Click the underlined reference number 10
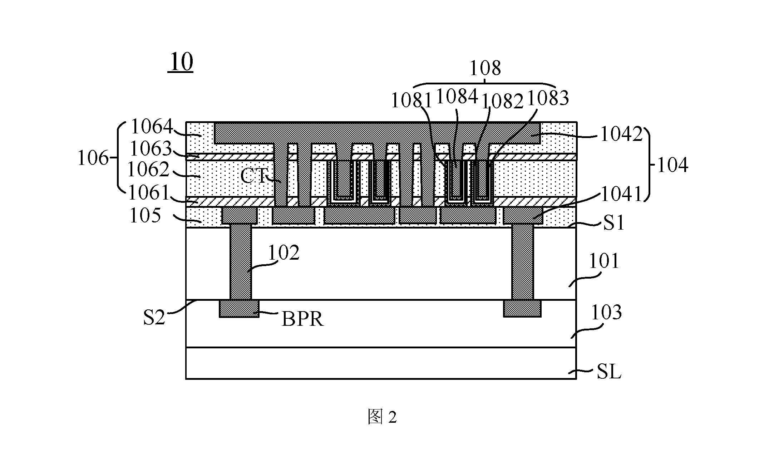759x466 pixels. click(181, 63)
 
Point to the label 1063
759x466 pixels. click(151, 148)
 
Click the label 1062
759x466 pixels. click(148, 170)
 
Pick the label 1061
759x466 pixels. click(149, 193)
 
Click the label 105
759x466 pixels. click(145, 216)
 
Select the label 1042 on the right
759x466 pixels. click(621, 134)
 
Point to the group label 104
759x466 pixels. click(672, 166)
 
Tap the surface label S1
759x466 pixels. click(613, 223)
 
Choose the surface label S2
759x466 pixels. click(154, 317)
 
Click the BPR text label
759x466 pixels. click(302, 319)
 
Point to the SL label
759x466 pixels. click(609, 372)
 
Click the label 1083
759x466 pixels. click(548, 98)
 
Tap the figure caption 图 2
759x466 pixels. click(382, 417)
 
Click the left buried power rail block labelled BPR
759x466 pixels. click(239, 308)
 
